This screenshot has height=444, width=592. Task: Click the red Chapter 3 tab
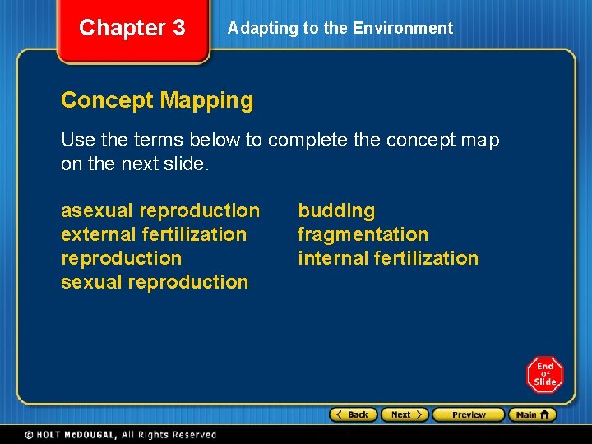(132, 30)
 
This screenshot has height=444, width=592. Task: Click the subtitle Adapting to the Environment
(340, 28)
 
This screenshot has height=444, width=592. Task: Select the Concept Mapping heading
(157, 100)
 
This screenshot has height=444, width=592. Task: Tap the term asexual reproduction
(160, 211)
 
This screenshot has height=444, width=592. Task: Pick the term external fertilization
(154, 235)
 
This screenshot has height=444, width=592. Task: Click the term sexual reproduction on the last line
(155, 282)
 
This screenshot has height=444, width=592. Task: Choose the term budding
(335, 211)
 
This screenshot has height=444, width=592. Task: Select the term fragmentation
(363, 235)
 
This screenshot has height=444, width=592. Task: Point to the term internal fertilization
(387, 258)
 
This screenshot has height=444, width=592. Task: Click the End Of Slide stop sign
(544, 375)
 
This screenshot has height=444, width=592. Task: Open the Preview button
(468, 414)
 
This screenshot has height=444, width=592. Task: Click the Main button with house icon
(532, 414)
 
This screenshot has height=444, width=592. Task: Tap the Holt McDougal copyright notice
(121, 435)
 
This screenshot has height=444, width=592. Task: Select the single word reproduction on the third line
(121, 258)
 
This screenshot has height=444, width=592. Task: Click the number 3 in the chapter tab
(177, 28)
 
